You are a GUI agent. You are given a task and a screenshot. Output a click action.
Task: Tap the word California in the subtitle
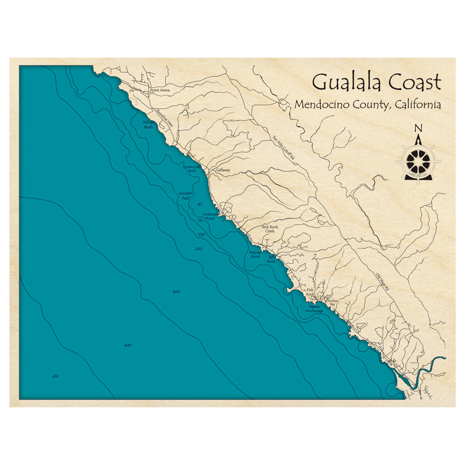(x=417, y=105)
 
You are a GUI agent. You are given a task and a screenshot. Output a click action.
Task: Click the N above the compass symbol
(x=418, y=129)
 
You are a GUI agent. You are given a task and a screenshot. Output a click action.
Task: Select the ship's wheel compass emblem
(x=418, y=161)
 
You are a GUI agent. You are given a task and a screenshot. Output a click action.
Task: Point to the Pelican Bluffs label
(x=148, y=124)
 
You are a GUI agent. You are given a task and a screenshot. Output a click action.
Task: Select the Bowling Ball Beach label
(x=193, y=168)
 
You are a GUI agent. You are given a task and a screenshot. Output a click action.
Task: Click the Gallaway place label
(x=223, y=170)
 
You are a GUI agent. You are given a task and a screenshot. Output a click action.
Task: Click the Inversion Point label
(x=210, y=216)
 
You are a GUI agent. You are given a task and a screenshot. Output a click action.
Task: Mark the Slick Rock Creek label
(x=270, y=229)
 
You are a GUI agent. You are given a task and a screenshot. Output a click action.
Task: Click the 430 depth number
(x=55, y=376)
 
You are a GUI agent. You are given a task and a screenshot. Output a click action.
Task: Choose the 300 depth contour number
(x=176, y=292)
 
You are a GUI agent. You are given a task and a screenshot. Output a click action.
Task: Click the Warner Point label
(x=255, y=254)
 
